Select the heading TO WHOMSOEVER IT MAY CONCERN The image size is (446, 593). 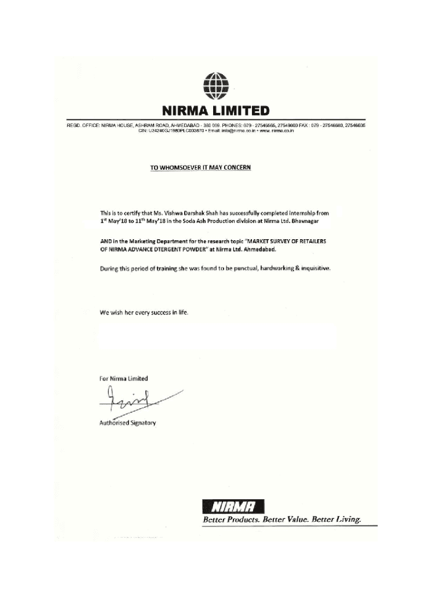(x=201, y=167)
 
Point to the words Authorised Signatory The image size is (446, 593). (x=127, y=423)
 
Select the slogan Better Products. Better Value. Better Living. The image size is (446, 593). (x=282, y=519)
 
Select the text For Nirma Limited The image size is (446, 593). (x=123, y=378)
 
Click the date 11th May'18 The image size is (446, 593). (x=147, y=221)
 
